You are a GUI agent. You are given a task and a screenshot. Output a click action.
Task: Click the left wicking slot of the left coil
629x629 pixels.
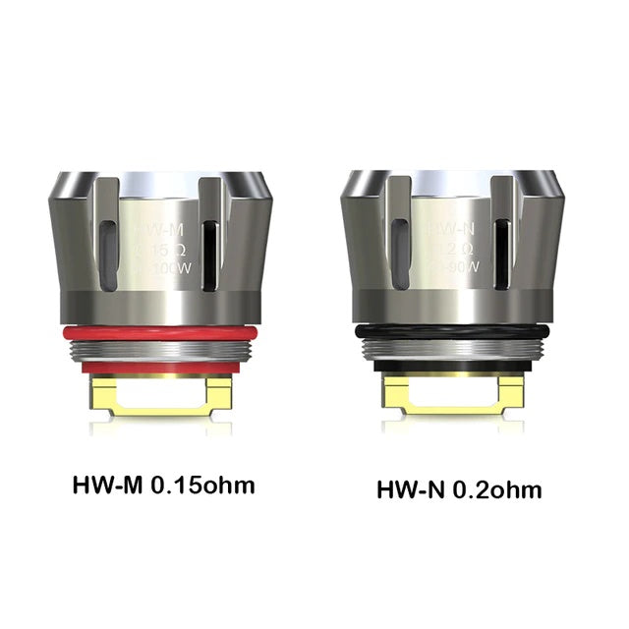pos(108,251)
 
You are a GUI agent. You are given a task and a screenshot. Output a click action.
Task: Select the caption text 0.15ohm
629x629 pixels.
pos(199,485)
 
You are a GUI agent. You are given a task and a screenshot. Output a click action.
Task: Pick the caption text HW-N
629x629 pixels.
pos(412,488)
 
